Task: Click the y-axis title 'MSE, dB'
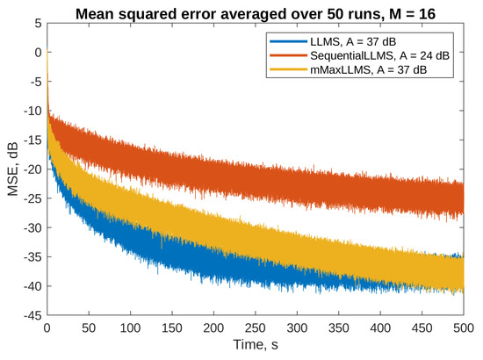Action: point(11,169)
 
